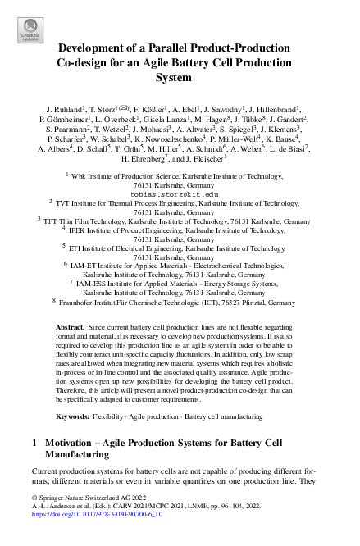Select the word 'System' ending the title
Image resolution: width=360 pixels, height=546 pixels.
pos(180,79)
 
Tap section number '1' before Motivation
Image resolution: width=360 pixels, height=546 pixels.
pos(34,443)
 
